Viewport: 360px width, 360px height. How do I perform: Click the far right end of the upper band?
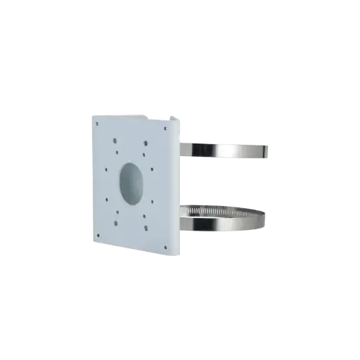coord(268,150)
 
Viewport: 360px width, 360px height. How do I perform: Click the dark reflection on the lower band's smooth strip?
coord(211,224)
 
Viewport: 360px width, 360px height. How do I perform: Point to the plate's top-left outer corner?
coord(93,112)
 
